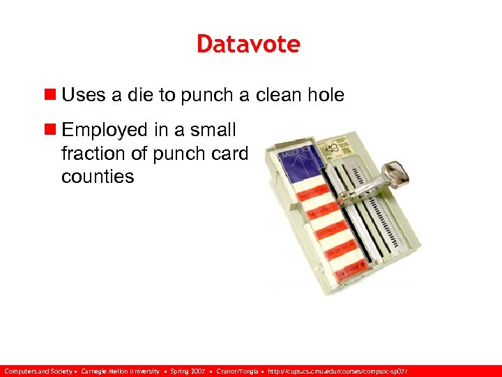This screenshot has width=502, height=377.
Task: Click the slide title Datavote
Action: tap(248, 44)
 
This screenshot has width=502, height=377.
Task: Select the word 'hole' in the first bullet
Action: tap(326, 95)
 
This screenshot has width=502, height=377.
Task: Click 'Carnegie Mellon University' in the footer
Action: tap(120, 371)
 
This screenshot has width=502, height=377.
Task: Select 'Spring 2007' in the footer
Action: tap(188, 371)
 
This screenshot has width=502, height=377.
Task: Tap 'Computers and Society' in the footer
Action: tap(39, 371)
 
